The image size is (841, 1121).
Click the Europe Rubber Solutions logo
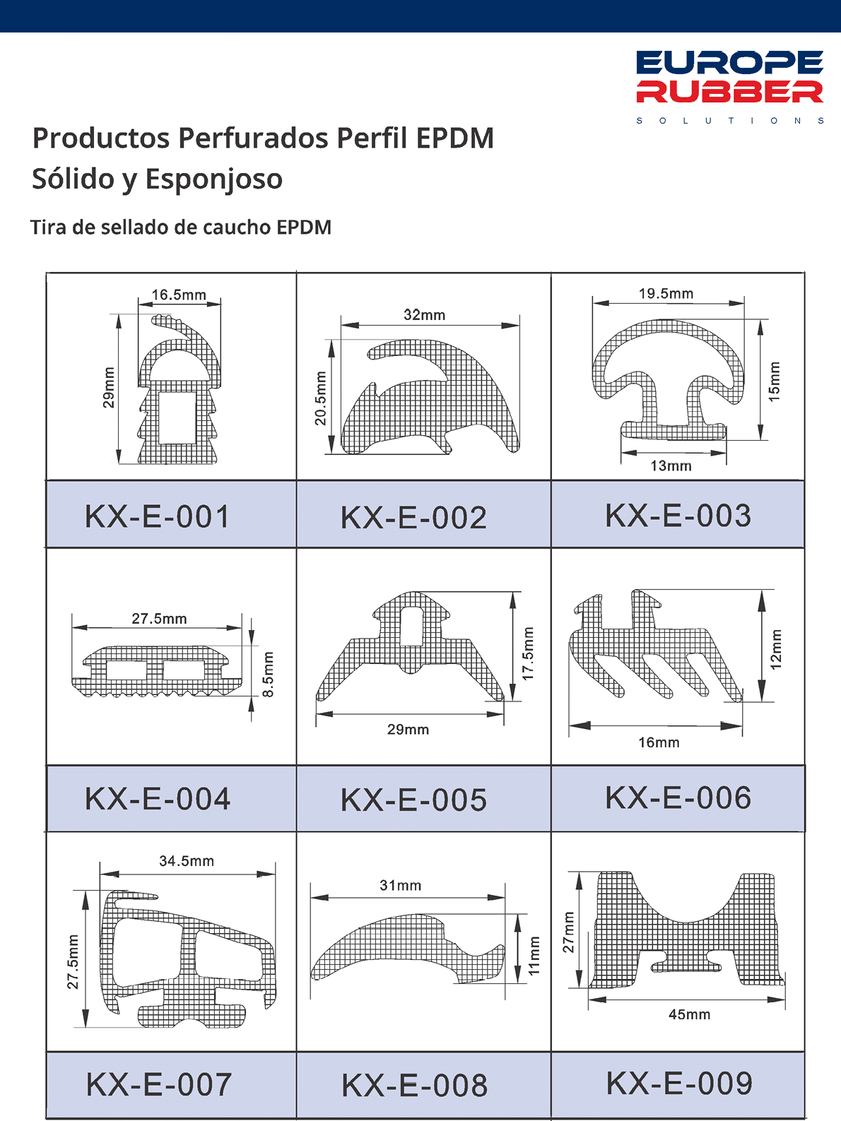[729, 87]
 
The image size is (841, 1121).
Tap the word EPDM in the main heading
[455, 138]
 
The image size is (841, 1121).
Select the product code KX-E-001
[158, 516]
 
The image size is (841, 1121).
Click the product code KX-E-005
[414, 800]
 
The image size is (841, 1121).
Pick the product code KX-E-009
[680, 1083]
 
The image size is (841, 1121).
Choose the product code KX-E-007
[159, 1084]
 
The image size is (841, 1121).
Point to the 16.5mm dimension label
[179, 295]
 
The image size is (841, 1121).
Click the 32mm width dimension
[425, 314]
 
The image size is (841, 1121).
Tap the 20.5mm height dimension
[320, 398]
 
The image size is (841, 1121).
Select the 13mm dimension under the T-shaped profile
[671, 465]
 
